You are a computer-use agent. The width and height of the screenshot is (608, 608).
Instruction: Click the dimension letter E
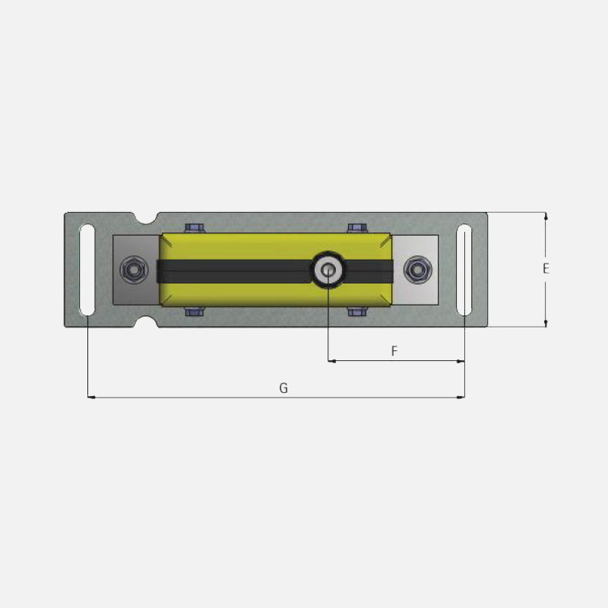(x=546, y=268)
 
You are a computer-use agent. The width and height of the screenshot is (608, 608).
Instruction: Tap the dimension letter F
(x=394, y=351)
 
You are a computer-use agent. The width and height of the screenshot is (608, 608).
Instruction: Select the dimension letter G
(x=283, y=388)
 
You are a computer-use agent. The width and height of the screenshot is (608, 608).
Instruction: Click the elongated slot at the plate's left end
(x=88, y=270)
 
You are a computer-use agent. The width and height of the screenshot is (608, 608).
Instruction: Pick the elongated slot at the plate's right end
(x=464, y=270)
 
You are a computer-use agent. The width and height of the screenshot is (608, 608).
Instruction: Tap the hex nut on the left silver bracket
(x=133, y=269)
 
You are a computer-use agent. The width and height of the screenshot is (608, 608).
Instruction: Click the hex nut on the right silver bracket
(x=416, y=269)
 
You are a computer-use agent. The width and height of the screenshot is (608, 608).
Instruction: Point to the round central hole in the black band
(x=328, y=269)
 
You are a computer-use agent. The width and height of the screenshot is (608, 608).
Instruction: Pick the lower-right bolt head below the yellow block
(x=356, y=312)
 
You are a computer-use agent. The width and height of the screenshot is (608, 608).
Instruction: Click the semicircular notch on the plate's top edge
(x=146, y=218)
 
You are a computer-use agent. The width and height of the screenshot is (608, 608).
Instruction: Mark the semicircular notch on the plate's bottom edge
(x=146, y=321)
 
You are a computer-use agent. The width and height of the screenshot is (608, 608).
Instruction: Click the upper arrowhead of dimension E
(x=546, y=217)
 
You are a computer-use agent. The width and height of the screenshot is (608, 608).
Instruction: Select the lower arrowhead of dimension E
(x=546, y=323)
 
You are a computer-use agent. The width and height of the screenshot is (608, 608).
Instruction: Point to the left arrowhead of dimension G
(x=92, y=397)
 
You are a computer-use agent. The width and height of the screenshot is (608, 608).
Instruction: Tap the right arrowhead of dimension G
(x=461, y=397)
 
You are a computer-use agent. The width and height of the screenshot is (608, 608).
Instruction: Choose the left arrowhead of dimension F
(x=331, y=361)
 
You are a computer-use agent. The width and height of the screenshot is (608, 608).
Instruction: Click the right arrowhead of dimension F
(x=461, y=361)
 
